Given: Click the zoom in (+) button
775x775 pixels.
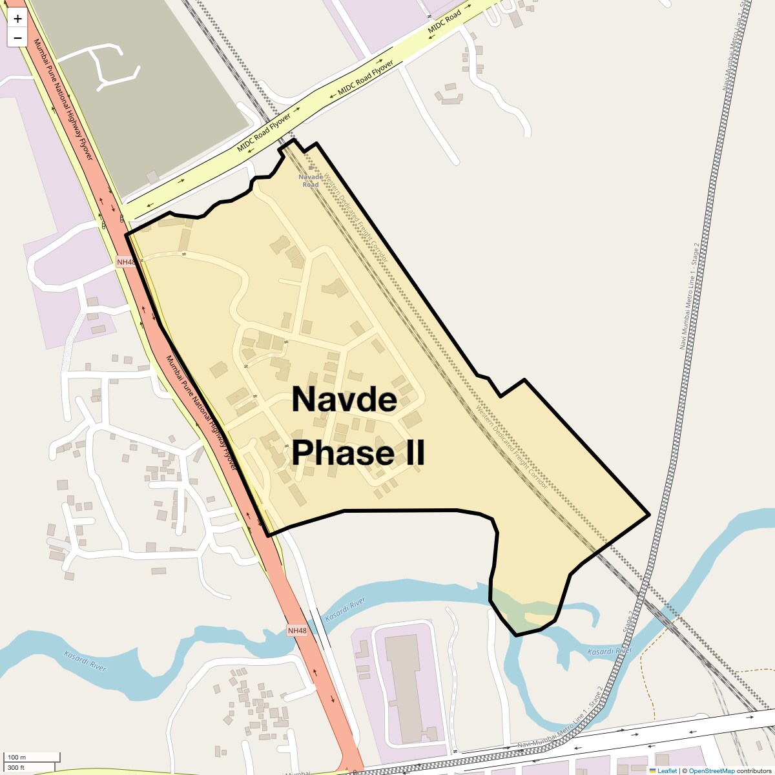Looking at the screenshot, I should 17,19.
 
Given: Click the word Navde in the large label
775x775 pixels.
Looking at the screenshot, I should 344,399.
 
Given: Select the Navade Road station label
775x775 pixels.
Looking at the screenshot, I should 311,181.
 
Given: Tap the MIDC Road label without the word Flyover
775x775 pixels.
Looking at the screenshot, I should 444,21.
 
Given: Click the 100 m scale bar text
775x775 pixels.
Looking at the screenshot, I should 17,757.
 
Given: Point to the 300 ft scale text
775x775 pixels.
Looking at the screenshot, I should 16,767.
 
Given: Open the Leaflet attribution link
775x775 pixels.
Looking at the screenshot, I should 667,770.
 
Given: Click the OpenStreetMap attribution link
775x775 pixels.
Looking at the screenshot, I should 711,770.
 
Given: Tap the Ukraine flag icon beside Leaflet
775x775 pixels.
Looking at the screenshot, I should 653,770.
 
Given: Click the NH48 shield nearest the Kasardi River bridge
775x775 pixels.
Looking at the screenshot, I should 297,630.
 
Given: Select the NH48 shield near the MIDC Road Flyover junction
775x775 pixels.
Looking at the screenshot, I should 126,262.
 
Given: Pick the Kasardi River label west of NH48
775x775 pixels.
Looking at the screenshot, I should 85,661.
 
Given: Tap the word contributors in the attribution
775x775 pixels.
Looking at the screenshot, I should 754,770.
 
